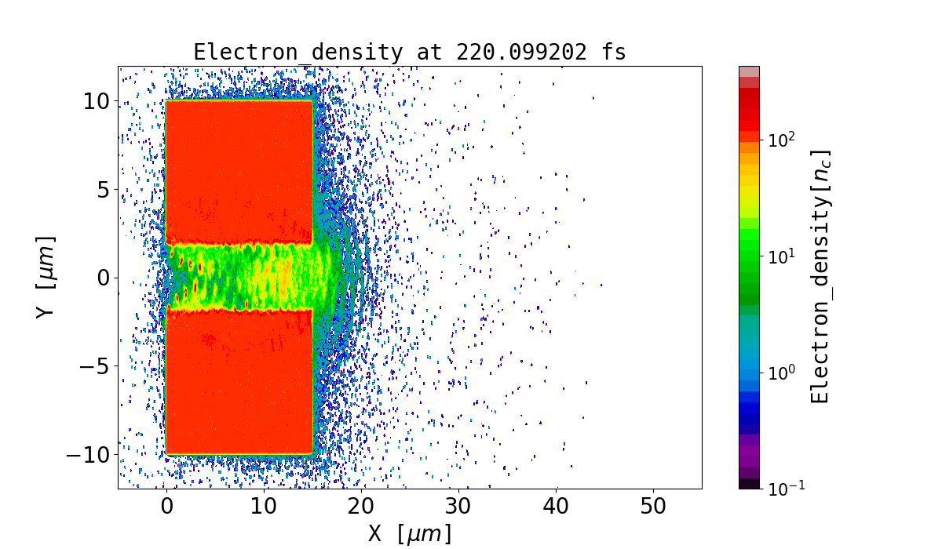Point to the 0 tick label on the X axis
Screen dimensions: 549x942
point(166,507)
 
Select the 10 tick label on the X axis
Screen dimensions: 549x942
point(264,507)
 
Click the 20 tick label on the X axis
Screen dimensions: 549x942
point(361,507)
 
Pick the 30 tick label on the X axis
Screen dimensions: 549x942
point(458,507)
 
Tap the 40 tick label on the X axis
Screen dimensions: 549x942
point(556,507)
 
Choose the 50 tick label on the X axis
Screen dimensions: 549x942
point(653,507)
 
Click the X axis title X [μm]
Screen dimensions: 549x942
point(410,534)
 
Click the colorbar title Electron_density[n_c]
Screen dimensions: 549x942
point(820,277)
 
